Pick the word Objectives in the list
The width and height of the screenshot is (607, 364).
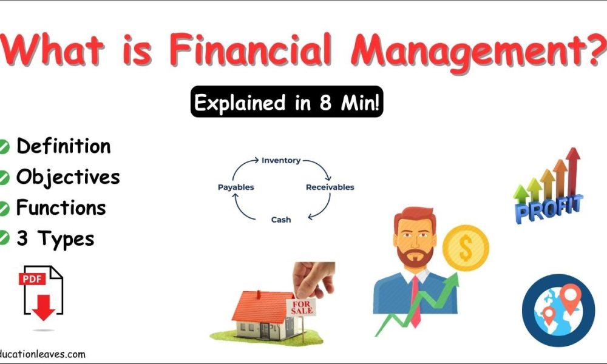coord(68,177)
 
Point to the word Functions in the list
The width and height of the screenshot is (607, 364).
coord(61,208)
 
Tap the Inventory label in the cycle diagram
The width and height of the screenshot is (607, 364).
coord(280,161)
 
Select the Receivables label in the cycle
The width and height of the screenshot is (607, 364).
coord(330,187)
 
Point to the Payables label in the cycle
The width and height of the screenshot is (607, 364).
coord(236,187)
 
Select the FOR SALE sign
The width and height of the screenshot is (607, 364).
coord(302,306)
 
